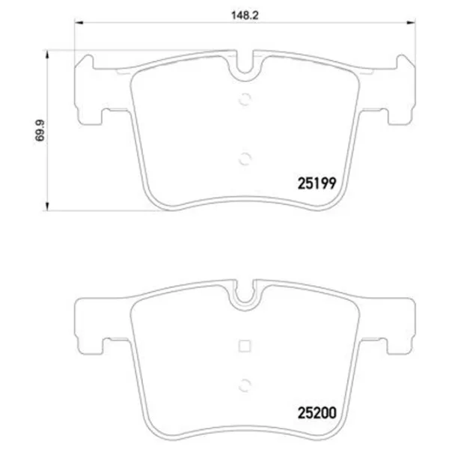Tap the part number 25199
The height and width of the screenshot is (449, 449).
(x=312, y=182)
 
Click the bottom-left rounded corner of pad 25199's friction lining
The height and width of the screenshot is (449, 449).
(x=153, y=196)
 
